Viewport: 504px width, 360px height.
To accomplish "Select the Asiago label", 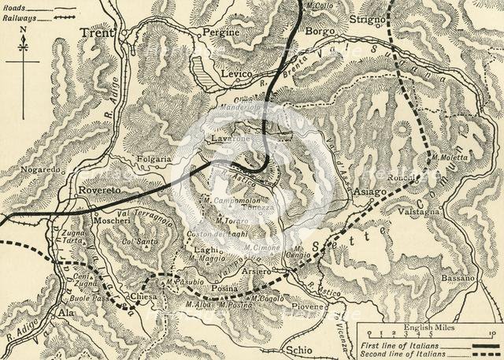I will (369, 191).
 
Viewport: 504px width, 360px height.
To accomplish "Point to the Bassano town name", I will (458, 278).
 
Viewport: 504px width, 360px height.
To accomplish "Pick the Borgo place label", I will (321, 32).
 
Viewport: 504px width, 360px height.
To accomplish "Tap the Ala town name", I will (66, 313).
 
